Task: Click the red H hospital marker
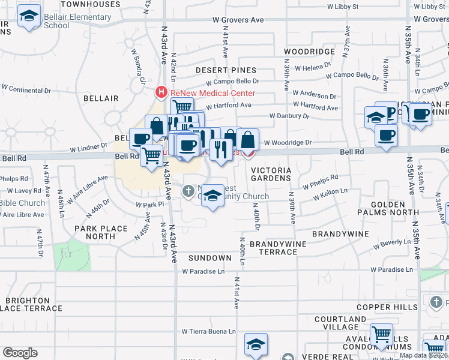161,92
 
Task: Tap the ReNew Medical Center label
212,93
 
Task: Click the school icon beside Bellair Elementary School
29,17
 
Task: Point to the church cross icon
188,191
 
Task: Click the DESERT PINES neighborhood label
226,70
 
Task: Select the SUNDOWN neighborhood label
210,258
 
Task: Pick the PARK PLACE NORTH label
101,232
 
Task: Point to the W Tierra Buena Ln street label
209,331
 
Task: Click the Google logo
20,353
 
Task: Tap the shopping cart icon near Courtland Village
381,335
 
